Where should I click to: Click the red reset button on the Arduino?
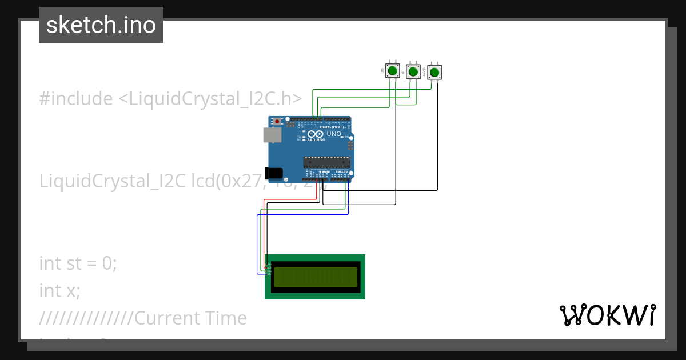click(278, 122)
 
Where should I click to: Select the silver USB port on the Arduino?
click(272, 135)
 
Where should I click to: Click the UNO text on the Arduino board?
click(334, 134)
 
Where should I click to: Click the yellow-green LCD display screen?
click(315, 277)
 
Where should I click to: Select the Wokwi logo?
click(607, 315)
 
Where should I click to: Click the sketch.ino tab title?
click(101, 25)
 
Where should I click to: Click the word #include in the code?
click(76, 99)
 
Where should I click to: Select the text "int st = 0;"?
click(78, 263)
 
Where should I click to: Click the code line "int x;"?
click(60, 291)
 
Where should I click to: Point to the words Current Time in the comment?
click(190, 318)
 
